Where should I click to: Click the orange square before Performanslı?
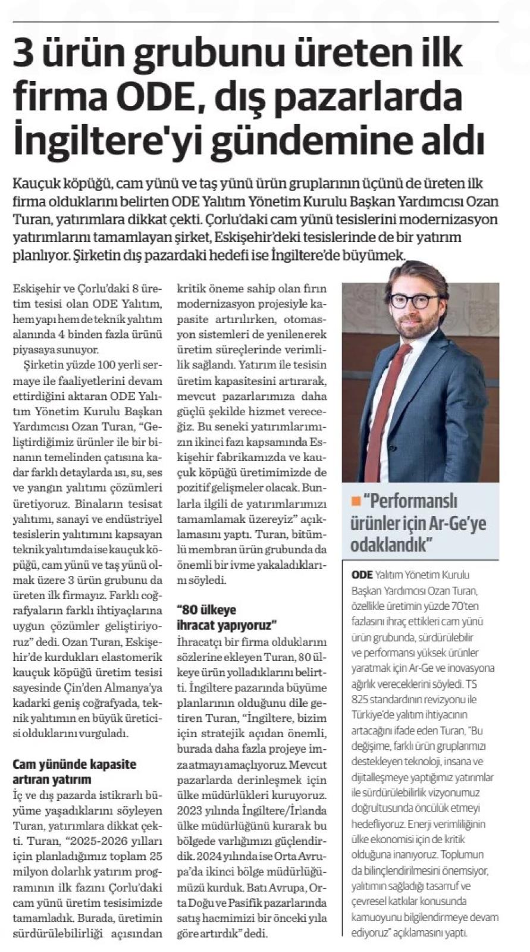[356, 501]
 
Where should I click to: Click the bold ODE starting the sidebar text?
[362, 575]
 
